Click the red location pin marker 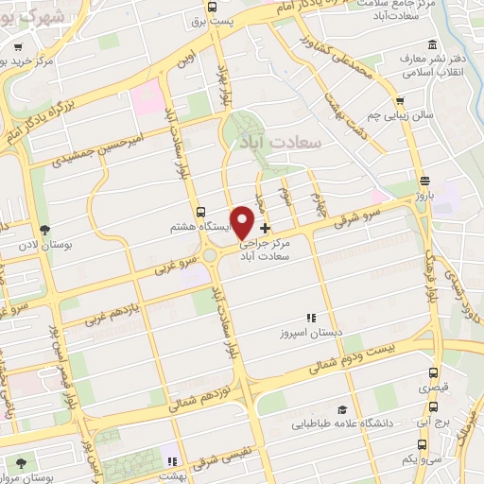243,221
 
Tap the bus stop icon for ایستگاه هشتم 199,213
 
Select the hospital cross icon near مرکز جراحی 265,228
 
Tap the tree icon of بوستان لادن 44,230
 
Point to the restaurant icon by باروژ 424,181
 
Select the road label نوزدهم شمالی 199,396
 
